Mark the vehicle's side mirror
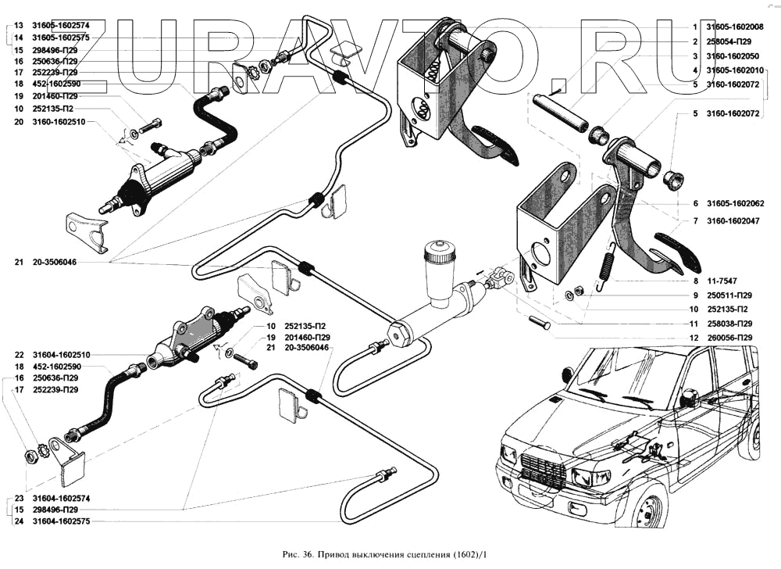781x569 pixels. click(691, 397)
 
